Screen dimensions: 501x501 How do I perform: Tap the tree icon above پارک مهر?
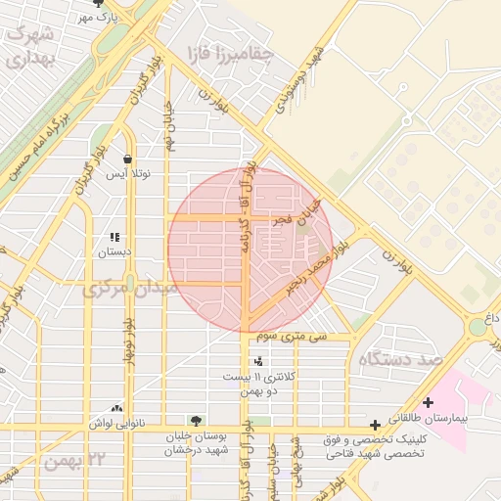[x=97, y=4]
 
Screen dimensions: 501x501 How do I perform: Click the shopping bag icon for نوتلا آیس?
[x=127, y=159]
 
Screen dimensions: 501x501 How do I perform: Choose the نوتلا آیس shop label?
[x=128, y=174]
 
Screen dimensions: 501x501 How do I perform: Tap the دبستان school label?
[x=114, y=251]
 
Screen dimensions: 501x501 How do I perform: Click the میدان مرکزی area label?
[x=130, y=289]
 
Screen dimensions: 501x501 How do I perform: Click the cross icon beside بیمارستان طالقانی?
[x=428, y=402]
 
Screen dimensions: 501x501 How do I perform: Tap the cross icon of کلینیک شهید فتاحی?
[x=375, y=425]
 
